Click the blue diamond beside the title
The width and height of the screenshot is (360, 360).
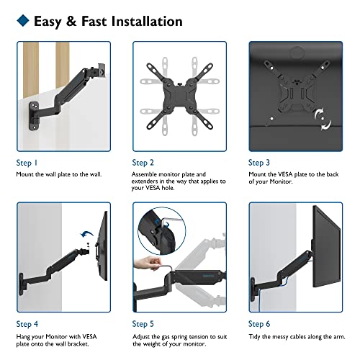click(23, 20)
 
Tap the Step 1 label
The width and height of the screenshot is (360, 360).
click(27, 163)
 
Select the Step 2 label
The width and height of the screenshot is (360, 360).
click(143, 163)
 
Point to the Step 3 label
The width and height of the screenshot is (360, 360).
click(259, 163)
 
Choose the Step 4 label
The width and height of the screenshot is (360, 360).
click(27, 324)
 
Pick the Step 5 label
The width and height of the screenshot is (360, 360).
click(143, 324)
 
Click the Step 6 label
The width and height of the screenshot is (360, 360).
click(259, 324)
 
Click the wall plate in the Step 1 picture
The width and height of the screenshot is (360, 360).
click(34, 116)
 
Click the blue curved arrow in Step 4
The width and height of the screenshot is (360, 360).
click(86, 234)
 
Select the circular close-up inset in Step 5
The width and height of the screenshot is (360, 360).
click(161, 231)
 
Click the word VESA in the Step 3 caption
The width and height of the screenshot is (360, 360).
click(285, 174)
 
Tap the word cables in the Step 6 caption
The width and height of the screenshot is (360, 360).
click(298, 337)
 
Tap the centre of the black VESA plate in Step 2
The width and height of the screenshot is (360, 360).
click(179, 96)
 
